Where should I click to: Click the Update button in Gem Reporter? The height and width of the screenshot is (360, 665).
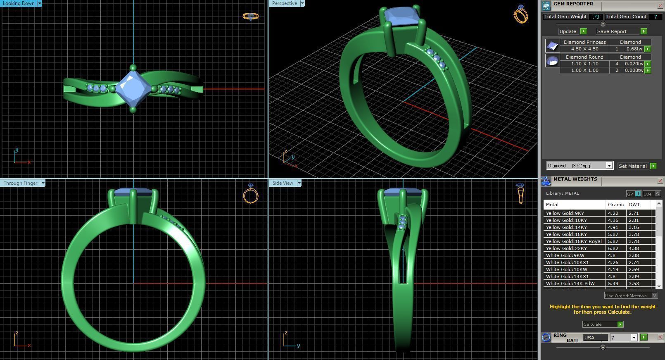point(568,31)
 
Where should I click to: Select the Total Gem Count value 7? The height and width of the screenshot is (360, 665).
point(655,17)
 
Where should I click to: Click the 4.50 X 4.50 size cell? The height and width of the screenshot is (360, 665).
point(584,49)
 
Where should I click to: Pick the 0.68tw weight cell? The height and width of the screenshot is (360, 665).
point(634,49)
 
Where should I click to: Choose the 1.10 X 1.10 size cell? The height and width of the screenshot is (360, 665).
point(584,64)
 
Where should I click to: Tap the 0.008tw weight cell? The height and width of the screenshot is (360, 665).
point(634,70)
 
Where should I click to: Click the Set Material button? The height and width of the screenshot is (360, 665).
point(632,166)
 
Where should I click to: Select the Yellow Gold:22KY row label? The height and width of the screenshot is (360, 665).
point(566,248)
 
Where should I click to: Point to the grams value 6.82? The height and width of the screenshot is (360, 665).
point(613,248)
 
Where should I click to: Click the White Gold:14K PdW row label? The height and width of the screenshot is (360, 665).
point(570,284)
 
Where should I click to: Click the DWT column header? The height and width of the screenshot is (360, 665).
point(634,205)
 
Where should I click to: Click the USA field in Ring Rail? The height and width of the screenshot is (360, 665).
point(595,338)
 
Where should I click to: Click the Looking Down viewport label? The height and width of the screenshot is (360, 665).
point(19,3)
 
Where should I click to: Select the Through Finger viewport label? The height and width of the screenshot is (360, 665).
point(21,183)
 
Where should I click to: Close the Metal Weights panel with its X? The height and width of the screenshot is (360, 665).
point(660,181)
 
